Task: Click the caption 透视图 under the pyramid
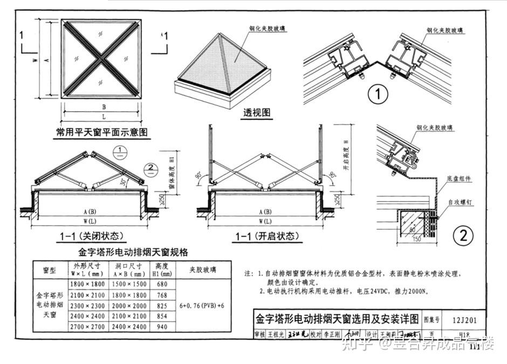click(256, 113)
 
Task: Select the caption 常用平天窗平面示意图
click(102, 132)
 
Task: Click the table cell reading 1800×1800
click(87, 284)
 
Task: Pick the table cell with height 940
click(162, 327)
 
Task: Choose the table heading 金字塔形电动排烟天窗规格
click(133, 252)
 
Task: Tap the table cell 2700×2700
click(87, 327)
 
